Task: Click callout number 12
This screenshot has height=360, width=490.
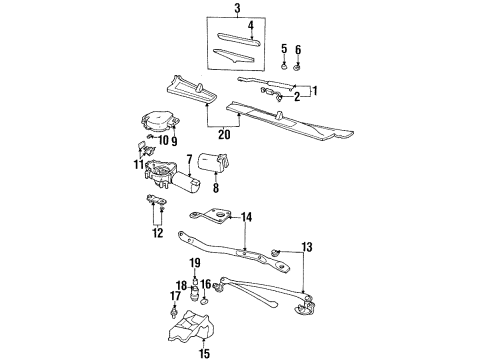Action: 155,234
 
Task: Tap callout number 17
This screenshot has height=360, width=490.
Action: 175,296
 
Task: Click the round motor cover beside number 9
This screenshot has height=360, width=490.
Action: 159,121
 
